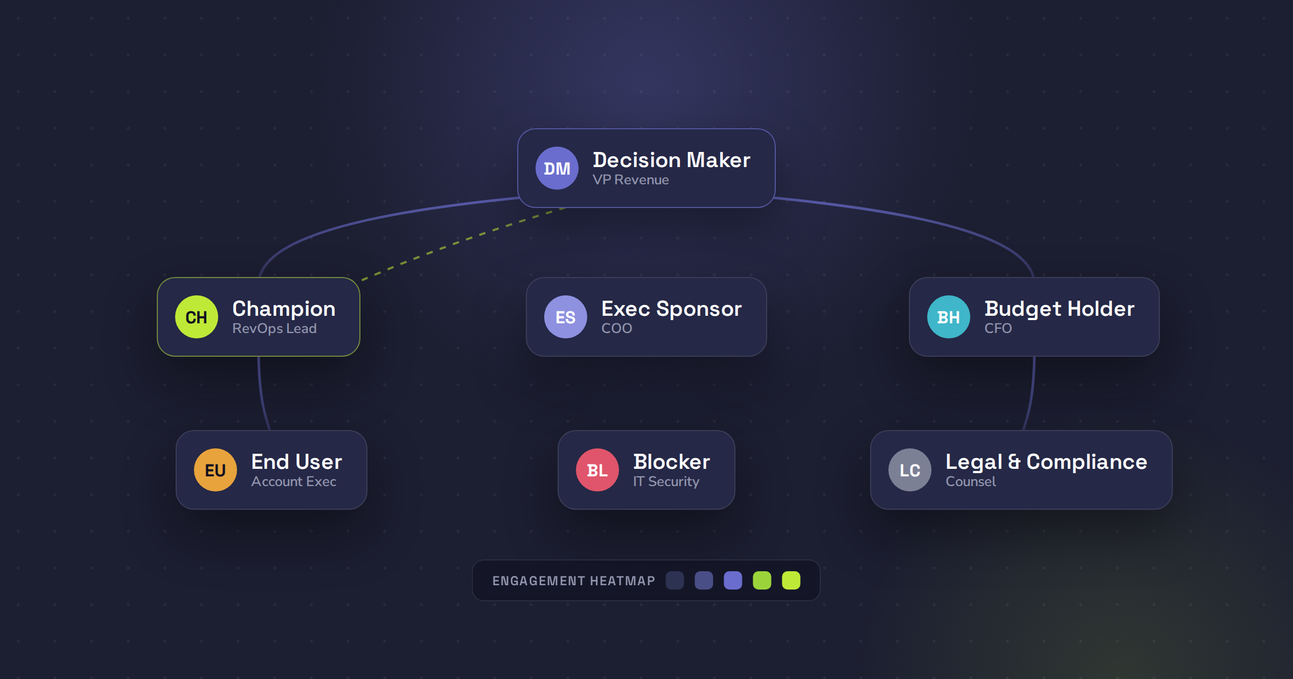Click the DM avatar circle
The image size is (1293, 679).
tap(557, 168)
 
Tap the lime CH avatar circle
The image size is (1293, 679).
tap(197, 317)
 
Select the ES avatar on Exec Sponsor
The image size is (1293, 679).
tap(566, 317)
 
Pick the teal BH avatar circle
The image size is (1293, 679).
tap(949, 317)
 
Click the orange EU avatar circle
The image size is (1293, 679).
tap(215, 470)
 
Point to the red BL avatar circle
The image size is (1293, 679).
tap(597, 470)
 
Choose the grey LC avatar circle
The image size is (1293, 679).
tap(910, 470)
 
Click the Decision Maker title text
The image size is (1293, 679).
tap(671, 160)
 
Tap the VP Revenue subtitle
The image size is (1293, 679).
tap(631, 180)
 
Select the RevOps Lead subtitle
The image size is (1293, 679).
tap(274, 329)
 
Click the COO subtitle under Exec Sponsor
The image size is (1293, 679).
tap(617, 329)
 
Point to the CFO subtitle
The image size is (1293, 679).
tap(998, 329)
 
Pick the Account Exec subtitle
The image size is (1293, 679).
tap(294, 482)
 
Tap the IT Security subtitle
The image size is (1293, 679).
tap(666, 482)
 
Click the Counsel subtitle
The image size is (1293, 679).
tap(971, 482)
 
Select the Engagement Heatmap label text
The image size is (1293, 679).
tap(574, 581)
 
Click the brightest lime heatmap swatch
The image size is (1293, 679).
tap(791, 580)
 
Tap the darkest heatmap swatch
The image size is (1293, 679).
tap(675, 580)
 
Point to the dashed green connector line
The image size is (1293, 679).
tap(464, 244)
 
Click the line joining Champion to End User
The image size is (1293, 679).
tap(261, 394)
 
